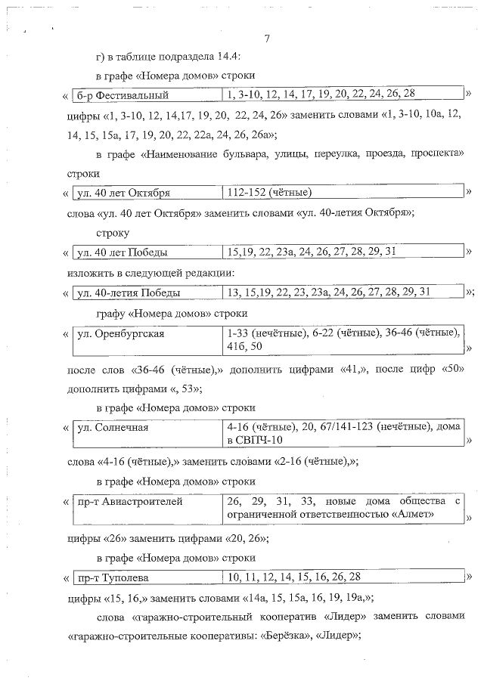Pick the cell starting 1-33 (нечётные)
(344, 339)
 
